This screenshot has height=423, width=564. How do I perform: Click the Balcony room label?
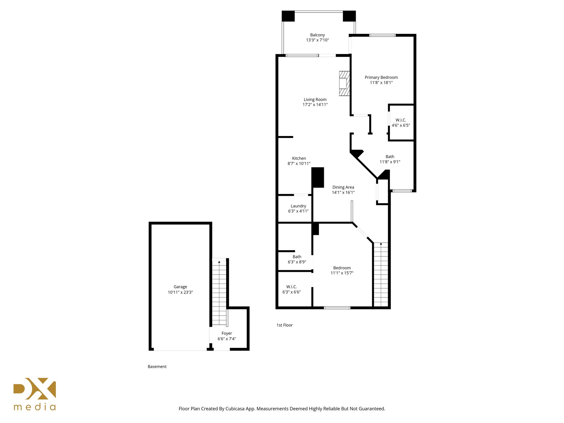click(x=317, y=35)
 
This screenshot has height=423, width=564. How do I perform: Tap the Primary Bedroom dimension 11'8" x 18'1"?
click(x=381, y=83)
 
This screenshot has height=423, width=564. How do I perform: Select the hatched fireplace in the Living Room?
click(x=344, y=83)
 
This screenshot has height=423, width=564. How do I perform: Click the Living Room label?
click(x=315, y=99)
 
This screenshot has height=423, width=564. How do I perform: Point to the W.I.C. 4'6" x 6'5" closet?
click(x=401, y=123)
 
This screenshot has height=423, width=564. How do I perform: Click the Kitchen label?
click(x=299, y=158)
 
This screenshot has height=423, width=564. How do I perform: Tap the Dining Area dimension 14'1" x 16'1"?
click(x=343, y=192)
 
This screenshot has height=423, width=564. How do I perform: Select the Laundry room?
click(x=298, y=208)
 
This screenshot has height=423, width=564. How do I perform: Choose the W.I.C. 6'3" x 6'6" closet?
click(x=291, y=289)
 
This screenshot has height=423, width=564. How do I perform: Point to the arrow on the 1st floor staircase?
click(x=381, y=244)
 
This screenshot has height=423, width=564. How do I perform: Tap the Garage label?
click(x=180, y=287)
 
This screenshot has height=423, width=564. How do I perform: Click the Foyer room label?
click(x=227, y=333)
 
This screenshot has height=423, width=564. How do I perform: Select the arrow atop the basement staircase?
click(x=219, y=262)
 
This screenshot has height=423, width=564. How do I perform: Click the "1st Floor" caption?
click(x=284, y=325)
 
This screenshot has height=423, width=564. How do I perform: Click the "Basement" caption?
click(x=157, y=367)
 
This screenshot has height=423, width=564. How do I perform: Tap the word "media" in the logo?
click(x=35, y=407)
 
